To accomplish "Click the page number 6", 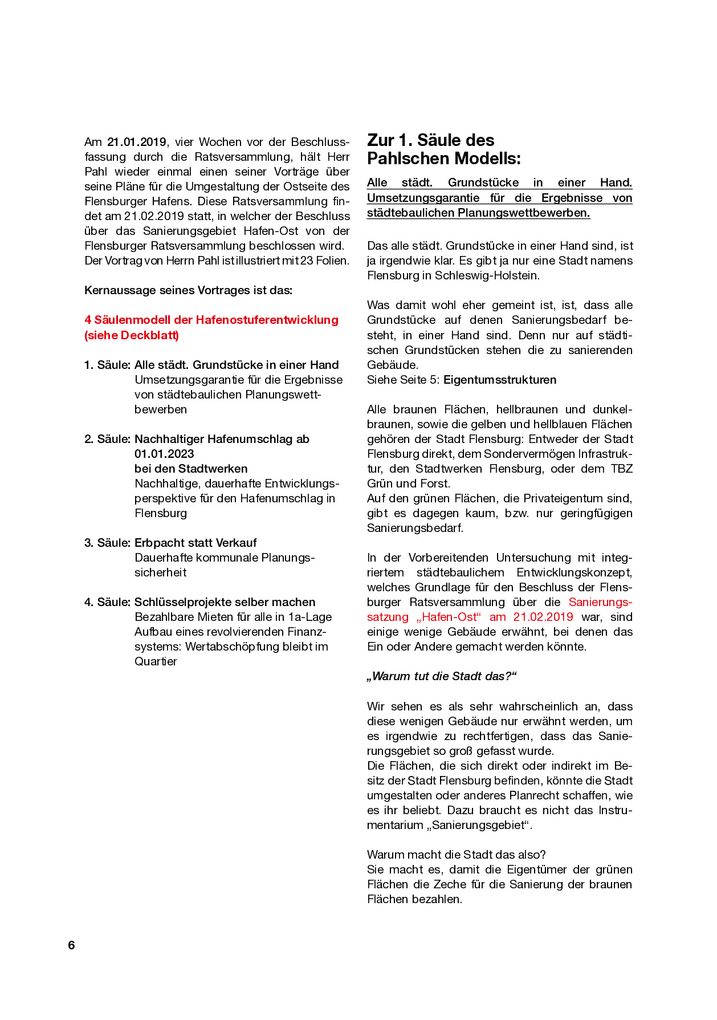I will click(x=71, y=945).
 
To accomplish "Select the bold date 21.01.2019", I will click(x=137, y=142).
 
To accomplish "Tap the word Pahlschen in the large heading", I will click(x=405, y=159).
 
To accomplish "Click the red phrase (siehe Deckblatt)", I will click(x=132, y=335).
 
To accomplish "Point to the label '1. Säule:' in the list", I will click(x=108, y=365).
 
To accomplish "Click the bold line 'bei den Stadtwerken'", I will click(x=191, y=469).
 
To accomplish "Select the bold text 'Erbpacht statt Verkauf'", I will click(x=195, y=543).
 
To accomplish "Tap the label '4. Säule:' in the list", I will click(x=108, y=602).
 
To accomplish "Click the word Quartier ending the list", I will click(x=156, y=661).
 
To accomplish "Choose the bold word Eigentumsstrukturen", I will click(x=500, y=380).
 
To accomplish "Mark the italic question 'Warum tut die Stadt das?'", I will click(x=442, y=676).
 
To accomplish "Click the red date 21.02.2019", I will click(x=543, y=617).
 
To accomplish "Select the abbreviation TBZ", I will click(x=622, y=469).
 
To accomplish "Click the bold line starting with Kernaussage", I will click(x=188, y=290).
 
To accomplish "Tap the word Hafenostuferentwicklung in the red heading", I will click(x=267, y=320).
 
